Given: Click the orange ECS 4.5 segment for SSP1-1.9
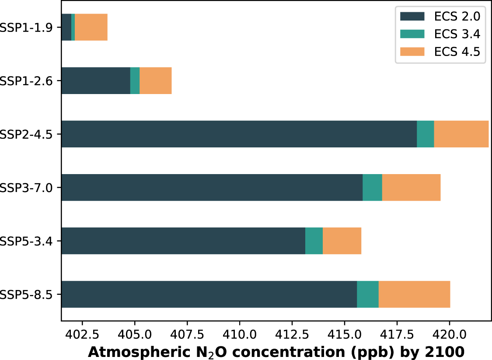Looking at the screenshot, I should (x=91, y=27).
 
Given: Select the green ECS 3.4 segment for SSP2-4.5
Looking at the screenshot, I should (x=425, y=134).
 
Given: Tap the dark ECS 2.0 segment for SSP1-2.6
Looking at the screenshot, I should (x=96, y=80).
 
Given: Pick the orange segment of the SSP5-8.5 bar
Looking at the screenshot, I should (x=414, y=294).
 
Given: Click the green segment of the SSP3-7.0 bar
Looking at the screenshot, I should (x=372, y=187).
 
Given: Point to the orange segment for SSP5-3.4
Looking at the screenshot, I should (x=342, y=241).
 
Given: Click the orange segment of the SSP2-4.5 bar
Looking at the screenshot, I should (x=461, y=134).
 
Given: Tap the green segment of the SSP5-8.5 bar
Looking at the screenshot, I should (x=367, y=294).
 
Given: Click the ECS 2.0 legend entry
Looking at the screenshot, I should (x=457, y=16).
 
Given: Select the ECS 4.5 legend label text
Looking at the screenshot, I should (x=457, y=52).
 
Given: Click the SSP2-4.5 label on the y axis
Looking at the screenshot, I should (x=27, y=134).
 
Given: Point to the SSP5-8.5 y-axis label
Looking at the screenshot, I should (x=27, y=294).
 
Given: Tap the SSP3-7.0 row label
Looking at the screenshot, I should (x=27, y=188).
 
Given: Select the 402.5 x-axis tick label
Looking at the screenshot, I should (x=82, y=334).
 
